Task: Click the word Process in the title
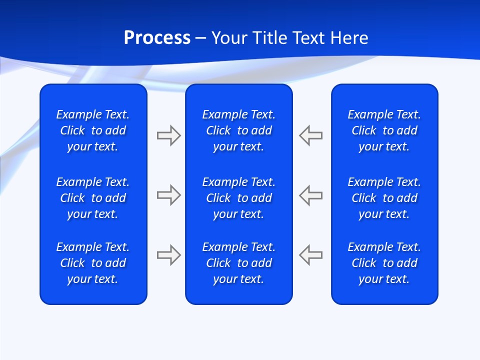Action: tap(157, 38)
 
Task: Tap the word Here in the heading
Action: tap(350, 38)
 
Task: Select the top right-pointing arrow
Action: tap(168, 135)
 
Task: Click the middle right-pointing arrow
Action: tap(168, 195)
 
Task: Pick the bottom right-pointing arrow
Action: tap(168, 255)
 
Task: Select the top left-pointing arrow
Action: tap(311, 135)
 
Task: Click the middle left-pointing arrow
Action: tap(311, 195)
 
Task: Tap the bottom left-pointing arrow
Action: tap(311, 255)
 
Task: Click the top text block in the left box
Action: tap(93, 130)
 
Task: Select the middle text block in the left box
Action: tap(93, 198)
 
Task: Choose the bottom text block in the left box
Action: tap(93, 263)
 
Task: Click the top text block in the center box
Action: tap(239, 130)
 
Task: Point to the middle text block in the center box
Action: tap(239, 198)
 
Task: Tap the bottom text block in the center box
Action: tap(239, 263)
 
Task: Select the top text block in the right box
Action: tap(384, 130)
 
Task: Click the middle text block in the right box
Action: tap(384, 198)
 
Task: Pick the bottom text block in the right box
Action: tap(384, 263)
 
